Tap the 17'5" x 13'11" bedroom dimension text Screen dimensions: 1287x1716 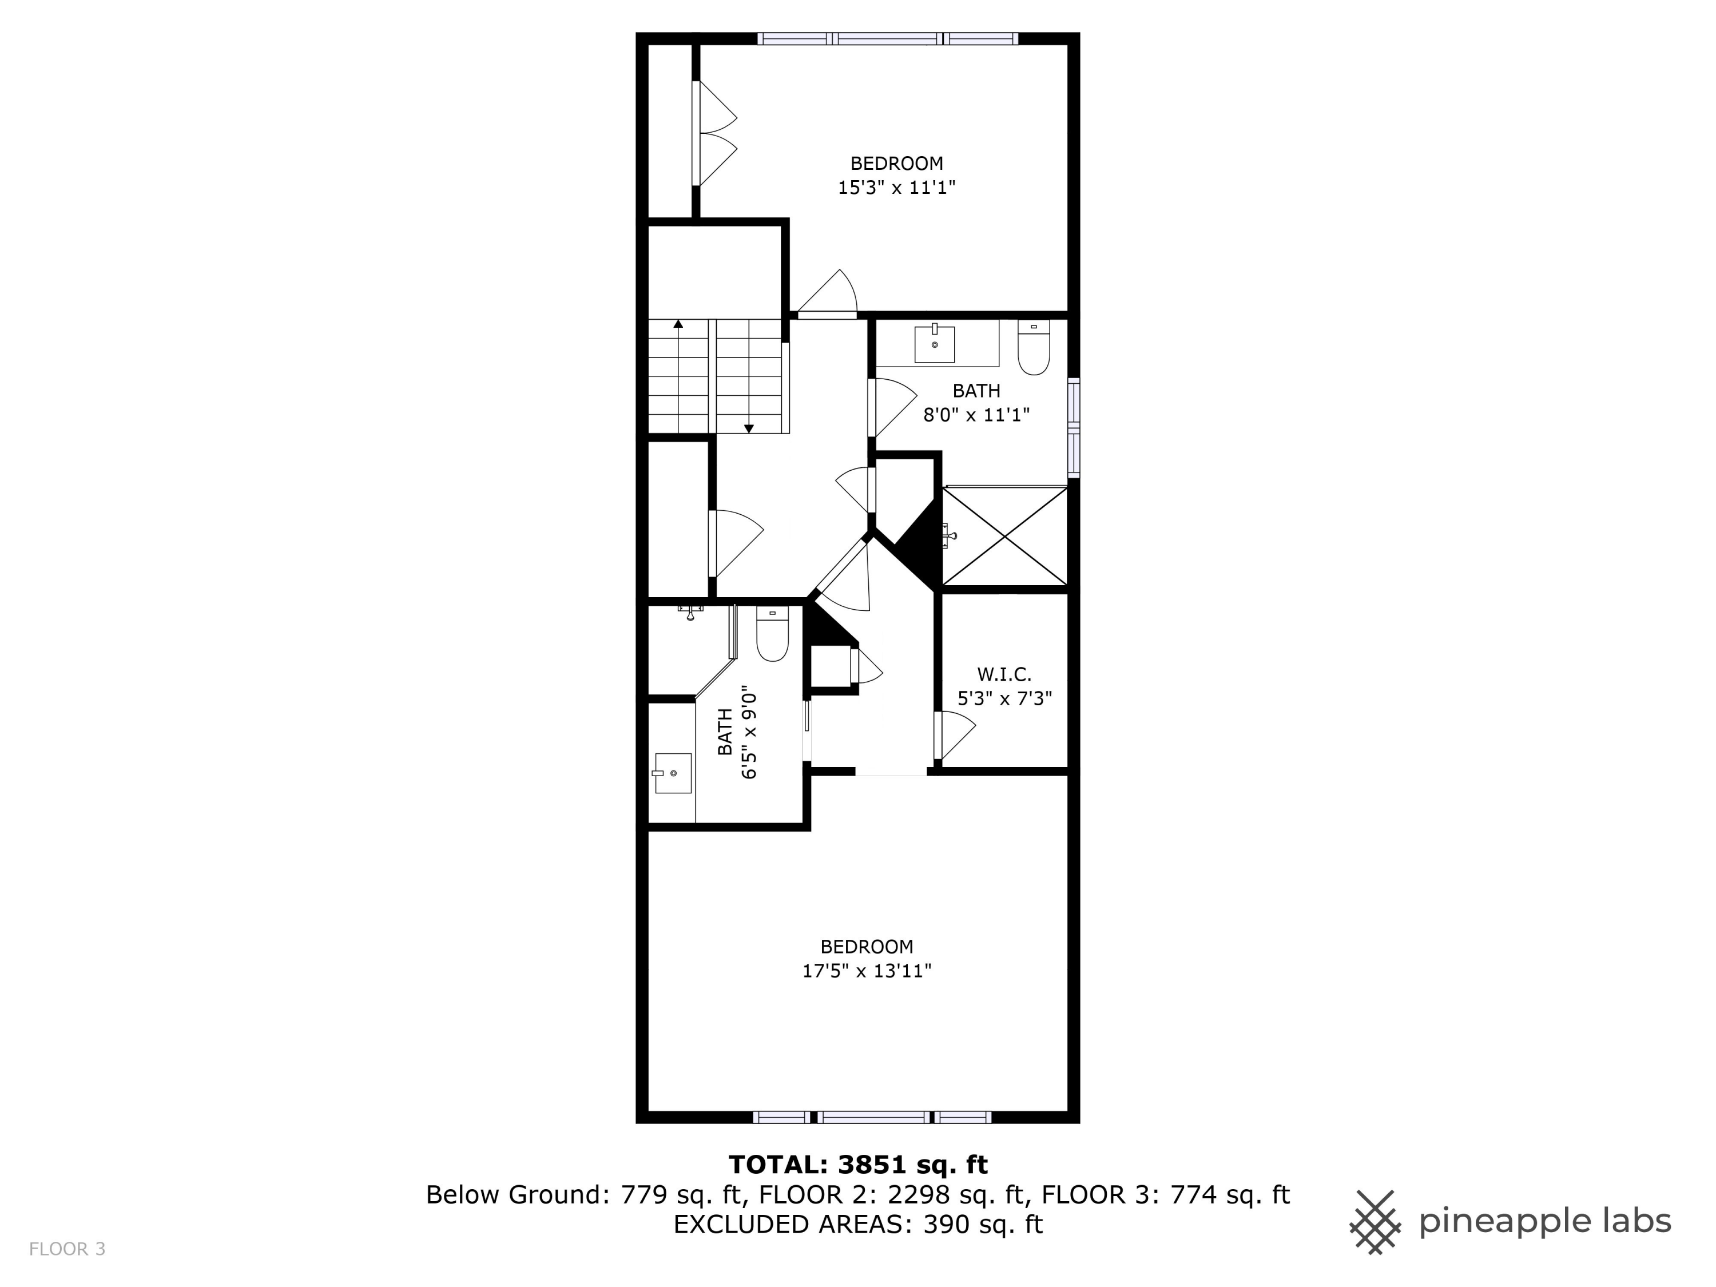[x=867, y=971]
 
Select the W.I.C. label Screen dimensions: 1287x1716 [x=1004, y=674]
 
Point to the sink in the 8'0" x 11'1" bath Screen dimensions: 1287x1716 [x=934, y=344]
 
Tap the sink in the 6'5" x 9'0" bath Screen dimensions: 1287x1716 [x=672, y=773]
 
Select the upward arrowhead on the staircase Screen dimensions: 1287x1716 [x=678, y=324]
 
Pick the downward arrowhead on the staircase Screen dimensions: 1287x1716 [x=749, y=428]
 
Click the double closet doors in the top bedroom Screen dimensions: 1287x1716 [x=715, y=133]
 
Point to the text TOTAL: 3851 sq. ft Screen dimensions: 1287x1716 [x=857, y=1165]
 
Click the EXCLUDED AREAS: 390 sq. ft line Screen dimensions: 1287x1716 [x=857, y=1224]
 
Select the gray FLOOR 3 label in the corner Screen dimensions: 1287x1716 [x=67, y=1249]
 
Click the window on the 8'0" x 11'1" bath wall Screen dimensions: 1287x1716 [x=1074, y=427]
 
